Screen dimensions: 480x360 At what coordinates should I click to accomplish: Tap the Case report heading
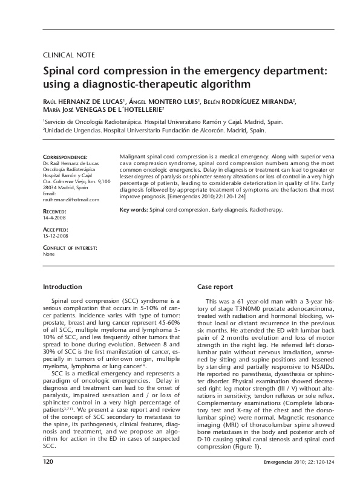click(x=215, y=287)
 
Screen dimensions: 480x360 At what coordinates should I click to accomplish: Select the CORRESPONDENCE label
click(x=65, y=157)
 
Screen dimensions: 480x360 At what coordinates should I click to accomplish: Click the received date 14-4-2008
click(x=55, y=216)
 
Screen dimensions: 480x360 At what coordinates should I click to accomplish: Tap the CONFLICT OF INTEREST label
click(x=70, y=248)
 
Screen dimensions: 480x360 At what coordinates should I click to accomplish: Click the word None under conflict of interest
click(x=49, y=254)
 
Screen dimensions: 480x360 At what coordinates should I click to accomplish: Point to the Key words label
click(x=134, y=210)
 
